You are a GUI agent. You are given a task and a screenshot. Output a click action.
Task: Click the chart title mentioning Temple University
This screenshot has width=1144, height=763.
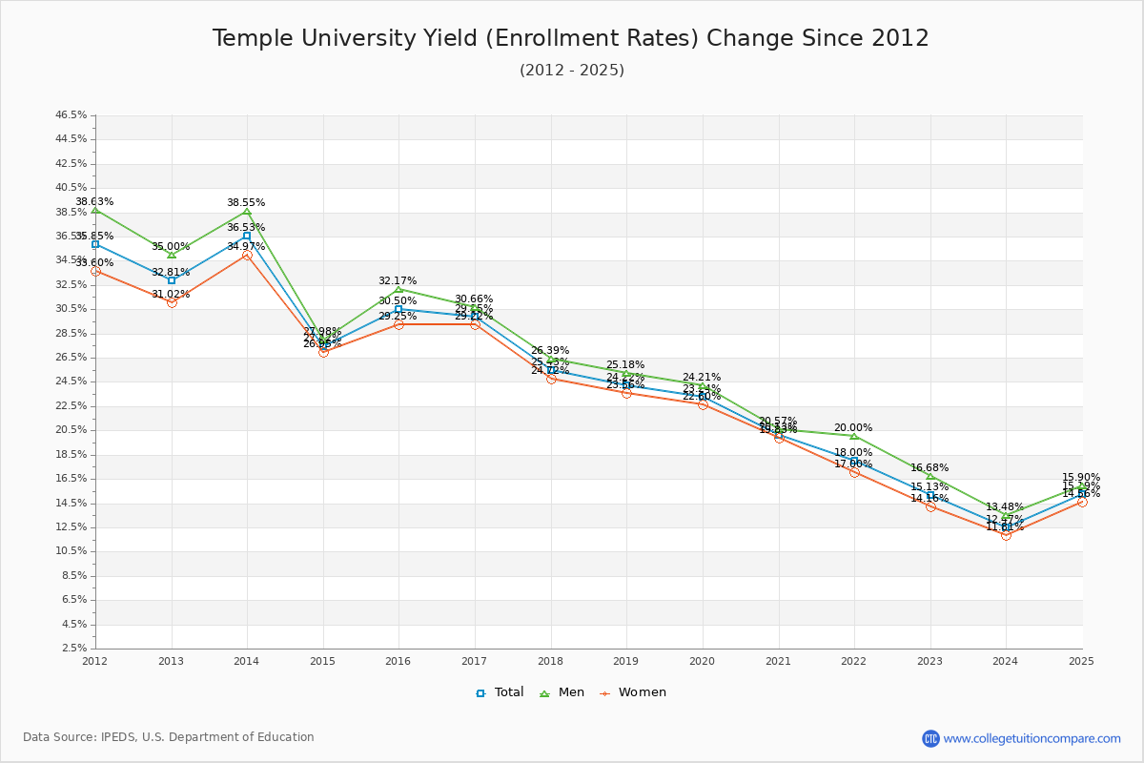[x=570, y=38]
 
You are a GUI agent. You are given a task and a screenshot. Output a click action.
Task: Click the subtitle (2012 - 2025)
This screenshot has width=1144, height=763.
[x=571, y=71]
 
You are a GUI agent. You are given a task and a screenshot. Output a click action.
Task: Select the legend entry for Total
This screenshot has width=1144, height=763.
[x=500, y=692]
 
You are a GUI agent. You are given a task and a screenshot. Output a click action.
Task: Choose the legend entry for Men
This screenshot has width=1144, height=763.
[x=564, y=692]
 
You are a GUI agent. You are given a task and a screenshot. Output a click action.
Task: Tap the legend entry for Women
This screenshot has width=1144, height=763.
[x=632, y=692]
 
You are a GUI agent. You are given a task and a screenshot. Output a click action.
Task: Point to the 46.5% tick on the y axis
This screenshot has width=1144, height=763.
[x=71, y=114]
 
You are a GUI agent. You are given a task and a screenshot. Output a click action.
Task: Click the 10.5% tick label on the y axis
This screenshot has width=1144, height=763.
[x=71, y=551]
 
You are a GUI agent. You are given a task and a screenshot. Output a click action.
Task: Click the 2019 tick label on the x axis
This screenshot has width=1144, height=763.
[x=625, y=660]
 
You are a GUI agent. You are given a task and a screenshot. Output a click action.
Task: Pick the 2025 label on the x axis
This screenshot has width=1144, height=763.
[x=1081, y=660]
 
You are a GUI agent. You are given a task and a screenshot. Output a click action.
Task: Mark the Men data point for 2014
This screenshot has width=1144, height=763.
[x=247, y=211]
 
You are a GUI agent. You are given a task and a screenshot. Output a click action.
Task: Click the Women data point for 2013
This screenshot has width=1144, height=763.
[x=172, y=302]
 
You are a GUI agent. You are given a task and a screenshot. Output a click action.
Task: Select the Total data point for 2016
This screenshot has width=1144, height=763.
[x=398, y=309]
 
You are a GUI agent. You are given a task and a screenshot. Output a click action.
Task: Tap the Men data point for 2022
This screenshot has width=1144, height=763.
[x=854, y=436]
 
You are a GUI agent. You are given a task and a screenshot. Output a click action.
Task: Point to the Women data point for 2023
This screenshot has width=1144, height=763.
[x=930, y=506]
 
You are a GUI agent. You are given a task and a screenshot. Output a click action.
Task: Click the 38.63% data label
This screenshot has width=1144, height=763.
[x=94, y=202]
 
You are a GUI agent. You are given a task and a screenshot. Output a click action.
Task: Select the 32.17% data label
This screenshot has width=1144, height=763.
[x=398, y=281]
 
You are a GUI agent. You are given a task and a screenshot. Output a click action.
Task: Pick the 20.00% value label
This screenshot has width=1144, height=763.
[x=853, y=428]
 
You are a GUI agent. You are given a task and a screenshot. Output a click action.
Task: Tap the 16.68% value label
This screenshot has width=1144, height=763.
[x=929, y=468]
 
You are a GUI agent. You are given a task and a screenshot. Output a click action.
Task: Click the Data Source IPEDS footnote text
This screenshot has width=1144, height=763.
[x=169, y=737]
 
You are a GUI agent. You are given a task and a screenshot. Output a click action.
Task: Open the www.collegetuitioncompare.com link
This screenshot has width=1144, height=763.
[x=1032, y=738]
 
